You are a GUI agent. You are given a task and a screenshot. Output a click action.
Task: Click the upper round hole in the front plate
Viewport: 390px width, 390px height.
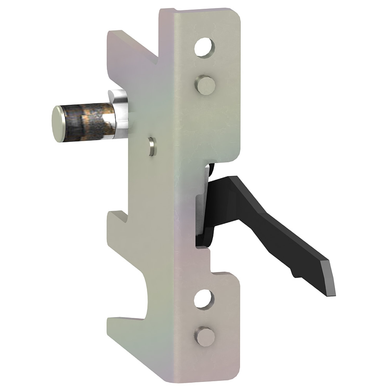pos(205,47)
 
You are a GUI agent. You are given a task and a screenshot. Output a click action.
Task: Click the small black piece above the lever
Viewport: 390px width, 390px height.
pos(212,169)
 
